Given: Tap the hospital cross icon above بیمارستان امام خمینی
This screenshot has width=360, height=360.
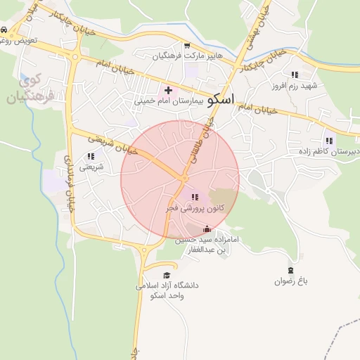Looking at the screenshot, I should [x=168, y=90].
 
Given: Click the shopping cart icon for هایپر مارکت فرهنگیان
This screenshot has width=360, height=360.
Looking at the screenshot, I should [x=186, y=44].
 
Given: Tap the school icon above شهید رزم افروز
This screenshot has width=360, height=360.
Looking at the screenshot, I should [x=295, y=74].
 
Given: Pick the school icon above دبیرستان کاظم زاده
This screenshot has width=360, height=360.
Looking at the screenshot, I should [x=329, y=141].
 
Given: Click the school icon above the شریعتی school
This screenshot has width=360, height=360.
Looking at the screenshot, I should [x=90, y=156].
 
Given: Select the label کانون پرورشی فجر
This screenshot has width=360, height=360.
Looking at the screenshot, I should [x=194, y=208].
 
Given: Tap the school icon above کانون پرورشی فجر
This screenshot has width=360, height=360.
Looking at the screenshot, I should [x=194, y=197].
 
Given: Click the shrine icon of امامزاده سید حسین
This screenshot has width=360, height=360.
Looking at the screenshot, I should [x=207, y=229].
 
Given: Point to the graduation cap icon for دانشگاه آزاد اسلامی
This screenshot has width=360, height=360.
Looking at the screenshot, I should [x=167, y=275].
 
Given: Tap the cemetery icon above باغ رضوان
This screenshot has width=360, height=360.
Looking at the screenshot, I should [x=291, y=270].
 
